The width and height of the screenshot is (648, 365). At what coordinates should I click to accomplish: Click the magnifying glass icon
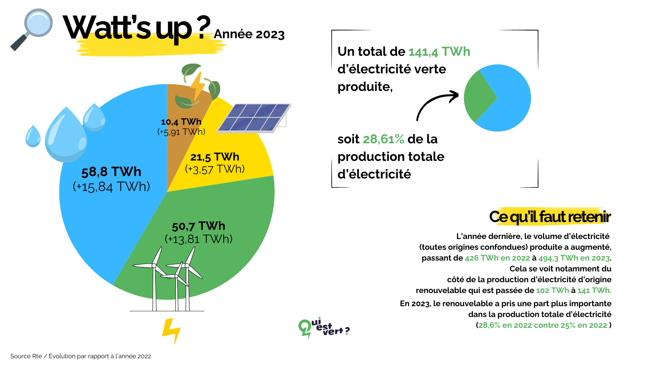click(x=32, y=29)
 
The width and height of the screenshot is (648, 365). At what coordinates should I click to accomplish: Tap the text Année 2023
click(x=249, y=34)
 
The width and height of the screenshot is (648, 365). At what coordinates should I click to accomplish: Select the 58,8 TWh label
click(x=111, y=172)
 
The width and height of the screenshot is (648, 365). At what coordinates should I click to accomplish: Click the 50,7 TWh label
click(x=198, y=226)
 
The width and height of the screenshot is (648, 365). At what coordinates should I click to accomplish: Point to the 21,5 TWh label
click(x=215, y=157)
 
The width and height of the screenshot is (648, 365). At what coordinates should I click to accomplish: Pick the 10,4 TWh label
click(x=181, y=122)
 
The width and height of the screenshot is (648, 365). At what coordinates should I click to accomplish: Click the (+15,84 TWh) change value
click(x=111, y=187)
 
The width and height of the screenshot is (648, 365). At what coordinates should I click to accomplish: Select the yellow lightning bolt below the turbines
click(x=172, y=330)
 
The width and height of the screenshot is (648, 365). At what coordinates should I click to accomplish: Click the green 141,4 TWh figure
click(x=439, y=52)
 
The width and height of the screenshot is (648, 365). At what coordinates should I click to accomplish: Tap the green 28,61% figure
click(x=383, y=139)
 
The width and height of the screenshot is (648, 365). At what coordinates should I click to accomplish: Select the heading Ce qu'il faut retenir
click(x=550, y=217)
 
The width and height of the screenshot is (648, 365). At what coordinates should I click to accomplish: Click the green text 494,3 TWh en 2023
click(x=574, y=258)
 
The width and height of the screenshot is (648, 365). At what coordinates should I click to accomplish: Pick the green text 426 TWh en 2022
click(x=497, y=258)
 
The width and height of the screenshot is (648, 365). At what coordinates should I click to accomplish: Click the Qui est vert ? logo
click(x=323, y=328)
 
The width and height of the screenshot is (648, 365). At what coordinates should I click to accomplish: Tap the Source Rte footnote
click(x=81, y=356)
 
